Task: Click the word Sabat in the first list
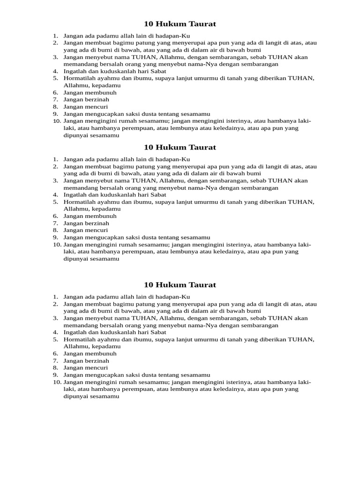pos(158,71)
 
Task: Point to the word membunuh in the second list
pos(100,216)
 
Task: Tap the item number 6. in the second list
pos(55,216)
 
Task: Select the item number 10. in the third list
pos(57,382)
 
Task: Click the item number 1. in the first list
pos(55,36)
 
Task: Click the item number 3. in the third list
pos(55,318)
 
